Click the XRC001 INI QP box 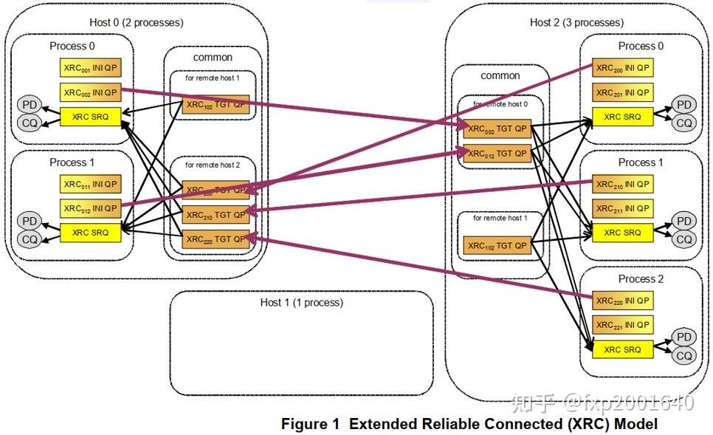90,68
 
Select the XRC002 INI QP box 90,92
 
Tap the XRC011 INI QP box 90,184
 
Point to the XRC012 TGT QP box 497,154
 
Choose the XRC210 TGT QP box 215,215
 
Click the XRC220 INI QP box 623,301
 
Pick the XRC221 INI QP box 623,324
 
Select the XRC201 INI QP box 623,92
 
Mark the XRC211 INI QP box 623,208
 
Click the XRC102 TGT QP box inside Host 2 497,245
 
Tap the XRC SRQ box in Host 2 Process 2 623,349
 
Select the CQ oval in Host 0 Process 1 30,239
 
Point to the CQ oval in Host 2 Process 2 685,356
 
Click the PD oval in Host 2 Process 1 685,221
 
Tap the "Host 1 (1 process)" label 301,302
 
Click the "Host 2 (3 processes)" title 576,22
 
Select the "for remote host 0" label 500,104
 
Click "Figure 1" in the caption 310,424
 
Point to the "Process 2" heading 641,278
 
